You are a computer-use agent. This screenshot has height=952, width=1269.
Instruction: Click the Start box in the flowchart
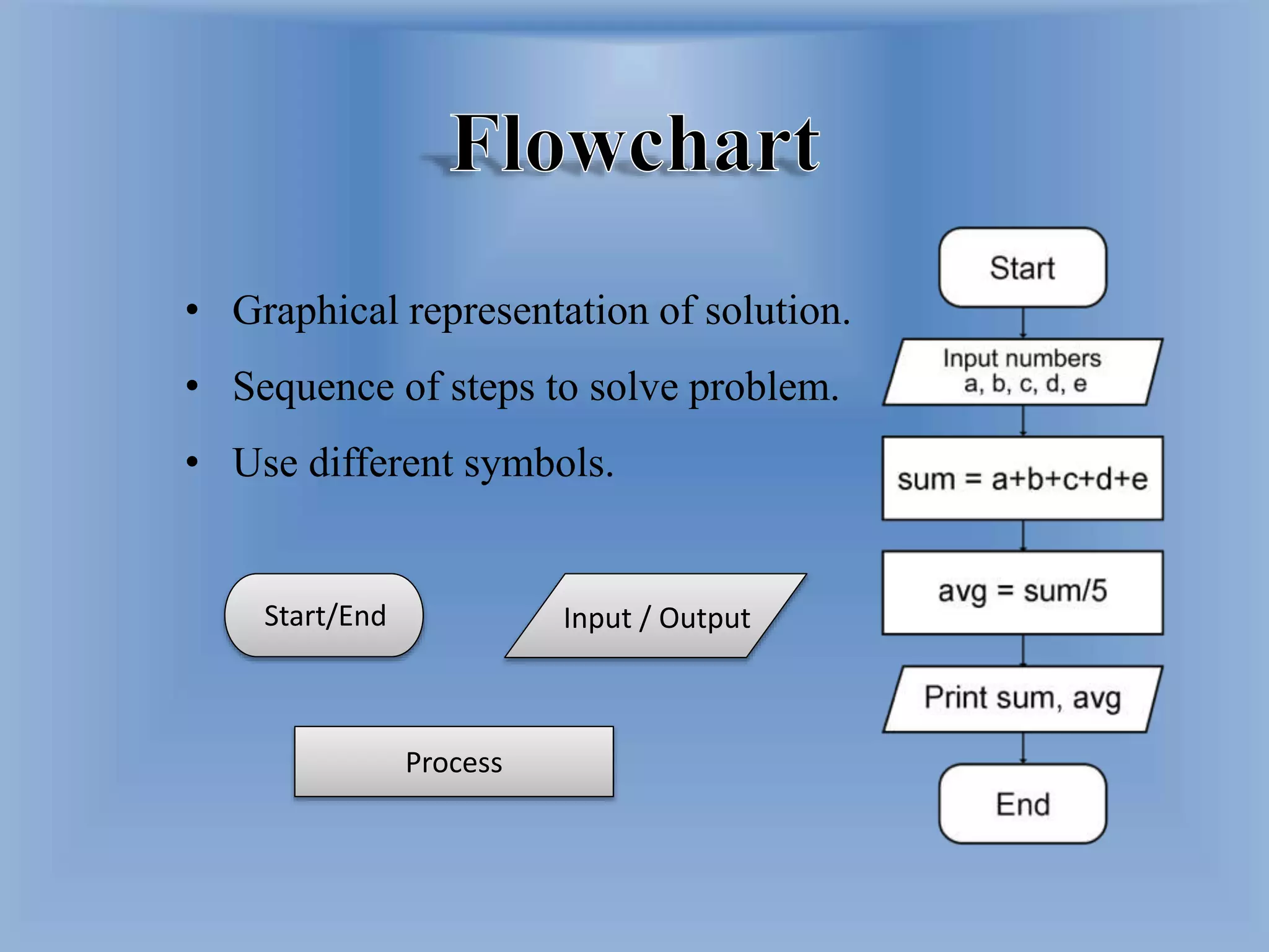(x=1022, y=268)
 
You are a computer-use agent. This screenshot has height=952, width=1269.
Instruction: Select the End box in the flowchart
(x=1022, y=804)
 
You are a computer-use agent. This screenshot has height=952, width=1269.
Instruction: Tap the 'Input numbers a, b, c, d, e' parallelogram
(x=1022, y=372)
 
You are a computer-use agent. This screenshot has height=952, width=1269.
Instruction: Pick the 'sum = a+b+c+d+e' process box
(x=1022, y=478)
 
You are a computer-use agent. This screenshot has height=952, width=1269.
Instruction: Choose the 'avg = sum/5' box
(x=1022, y=592)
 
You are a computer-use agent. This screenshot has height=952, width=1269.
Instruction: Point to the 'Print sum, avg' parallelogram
(x=1022, y=699)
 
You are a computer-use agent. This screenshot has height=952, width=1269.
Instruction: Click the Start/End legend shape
(x=324, y=615)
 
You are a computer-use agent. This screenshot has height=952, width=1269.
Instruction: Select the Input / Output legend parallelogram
(x=656, y=617)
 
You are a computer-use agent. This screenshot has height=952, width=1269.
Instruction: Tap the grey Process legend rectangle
(x=454, y=762)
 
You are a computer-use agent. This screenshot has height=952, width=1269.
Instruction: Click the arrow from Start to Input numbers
(x=1023, y=323)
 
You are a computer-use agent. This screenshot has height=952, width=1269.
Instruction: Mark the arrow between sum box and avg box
(x=1023, y=535)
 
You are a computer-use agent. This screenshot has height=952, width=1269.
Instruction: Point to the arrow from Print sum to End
(x=1023, y=748)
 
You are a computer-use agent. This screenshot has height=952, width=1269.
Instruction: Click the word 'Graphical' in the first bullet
(x=315, y=311)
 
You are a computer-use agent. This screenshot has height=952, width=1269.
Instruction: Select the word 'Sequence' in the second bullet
(x=314, y=387)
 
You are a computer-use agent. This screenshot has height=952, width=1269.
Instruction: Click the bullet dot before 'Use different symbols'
(x=193, y=462)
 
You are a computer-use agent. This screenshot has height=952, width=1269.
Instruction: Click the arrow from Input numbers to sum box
(x=1023, y=421)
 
